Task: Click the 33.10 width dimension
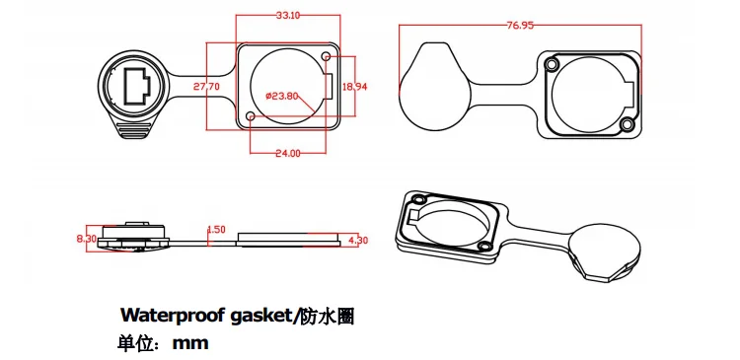tap(288, 16)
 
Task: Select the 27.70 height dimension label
tap(206, 87)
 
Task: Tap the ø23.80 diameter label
tap(282, 96)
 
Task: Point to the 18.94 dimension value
tap(353, 87)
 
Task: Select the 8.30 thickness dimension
tap(86, 239)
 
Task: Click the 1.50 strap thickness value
tap(216, 230)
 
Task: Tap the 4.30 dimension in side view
tap(358, 240)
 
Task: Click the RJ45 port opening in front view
tap(136, 86)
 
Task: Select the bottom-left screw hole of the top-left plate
tap(252, 117)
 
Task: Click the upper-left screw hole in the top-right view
tap(551, 65)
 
